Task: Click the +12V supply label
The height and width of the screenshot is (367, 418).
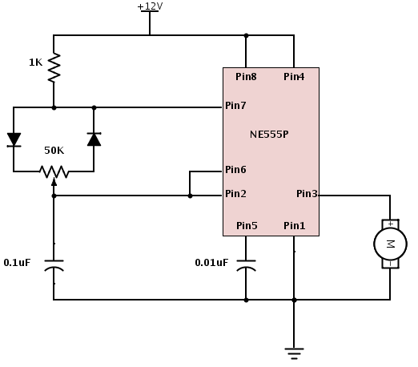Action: (x=150, y=6)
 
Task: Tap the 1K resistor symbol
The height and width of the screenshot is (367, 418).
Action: (x=54, y=67)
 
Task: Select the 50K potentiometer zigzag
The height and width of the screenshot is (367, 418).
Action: (x=54, y=171)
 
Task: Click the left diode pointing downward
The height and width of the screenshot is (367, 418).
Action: (x=14, y=139)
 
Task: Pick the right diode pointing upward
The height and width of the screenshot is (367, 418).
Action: (x=94, y=139)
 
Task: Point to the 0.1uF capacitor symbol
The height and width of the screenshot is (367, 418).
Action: (x=54, y=266)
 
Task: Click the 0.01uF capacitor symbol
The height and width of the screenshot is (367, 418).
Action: (x=246, y=266)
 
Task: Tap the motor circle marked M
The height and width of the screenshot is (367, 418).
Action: (x=390, y=244)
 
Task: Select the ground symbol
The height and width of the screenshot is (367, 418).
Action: (x=294, y=353)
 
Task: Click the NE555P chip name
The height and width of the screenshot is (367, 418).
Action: (x=269, y=135)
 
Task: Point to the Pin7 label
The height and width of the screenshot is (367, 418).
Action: (x=235, y=106)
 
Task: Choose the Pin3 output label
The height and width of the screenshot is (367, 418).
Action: (x=307, y=194)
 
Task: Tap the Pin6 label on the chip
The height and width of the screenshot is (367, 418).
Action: (x=235, y=170)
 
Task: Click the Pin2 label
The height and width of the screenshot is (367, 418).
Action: (x=235, y=194)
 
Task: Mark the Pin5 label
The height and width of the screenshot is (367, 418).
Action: (x=247, y=226)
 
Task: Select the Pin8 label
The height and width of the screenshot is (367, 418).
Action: (x=246, y=77)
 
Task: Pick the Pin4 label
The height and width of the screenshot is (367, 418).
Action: (x=294, y=77)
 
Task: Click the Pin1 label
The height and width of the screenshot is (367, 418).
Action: (x=294, y=226)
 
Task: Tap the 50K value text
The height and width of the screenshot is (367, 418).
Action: (x=54, y=151)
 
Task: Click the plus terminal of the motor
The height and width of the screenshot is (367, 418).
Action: (x=391, y=224)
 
